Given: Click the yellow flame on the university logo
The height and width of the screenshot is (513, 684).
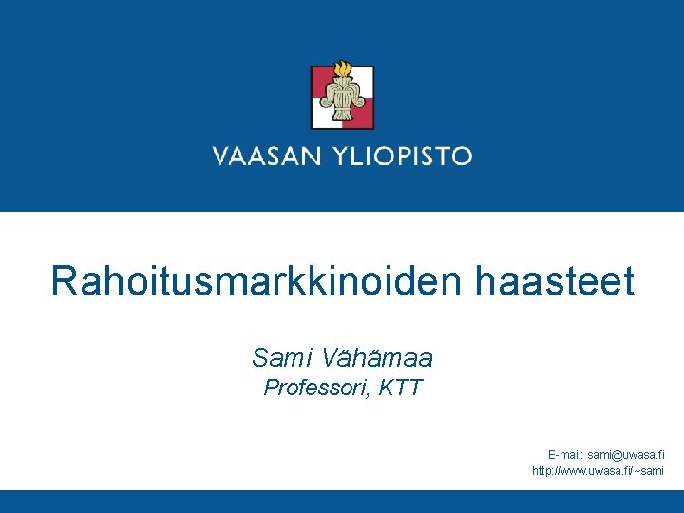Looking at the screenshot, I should click(x=343, y=70).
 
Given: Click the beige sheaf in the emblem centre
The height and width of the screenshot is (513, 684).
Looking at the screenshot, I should click(x=342, y=100).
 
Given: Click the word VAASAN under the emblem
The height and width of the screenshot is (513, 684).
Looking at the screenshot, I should click(x=266, y=157).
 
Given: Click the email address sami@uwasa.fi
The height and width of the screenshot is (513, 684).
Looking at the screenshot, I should click(x=626, y=455).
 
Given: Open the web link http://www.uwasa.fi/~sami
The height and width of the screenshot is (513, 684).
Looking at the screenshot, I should click(x=598, y=471).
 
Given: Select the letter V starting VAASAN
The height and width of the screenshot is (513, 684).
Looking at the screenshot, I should click(x=220, y=157).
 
